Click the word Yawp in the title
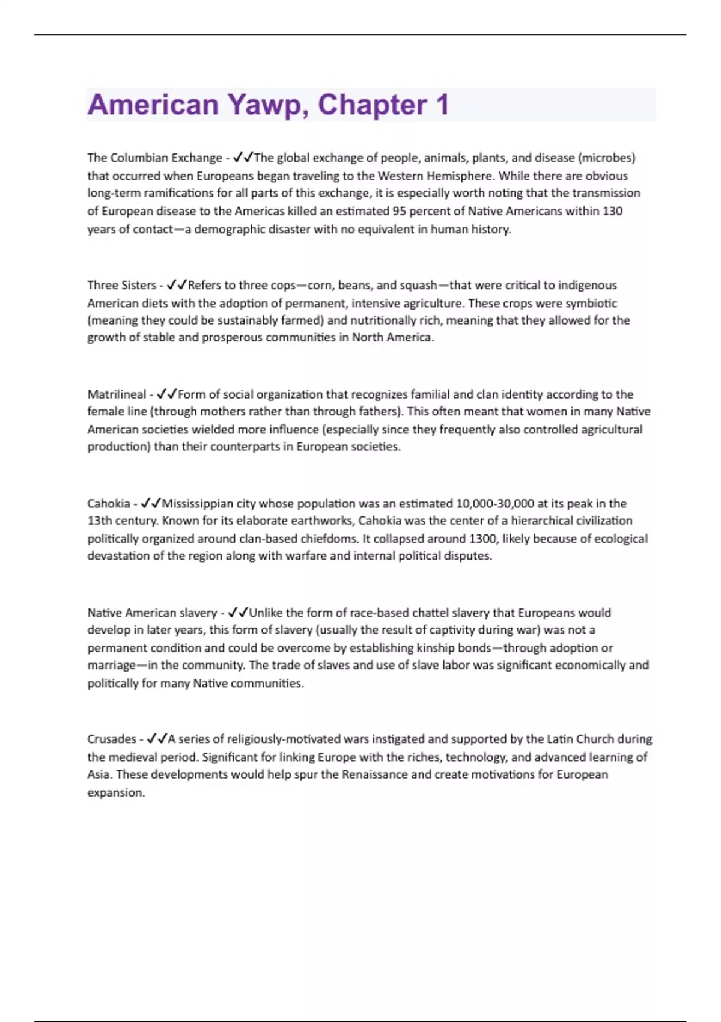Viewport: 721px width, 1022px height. click(x=264, y=105)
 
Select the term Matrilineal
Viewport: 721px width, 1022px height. click(x=117, y=394)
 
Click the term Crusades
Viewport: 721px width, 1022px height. click(x=112, y=739)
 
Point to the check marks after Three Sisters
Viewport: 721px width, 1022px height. click(x=177, y=285)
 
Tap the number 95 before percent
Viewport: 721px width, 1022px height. click(x=399, y=211)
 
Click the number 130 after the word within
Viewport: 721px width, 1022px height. click(x=612, y=211)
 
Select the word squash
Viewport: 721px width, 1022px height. click(x=418, y=285)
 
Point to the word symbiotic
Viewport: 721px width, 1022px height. click(x=592, y=303)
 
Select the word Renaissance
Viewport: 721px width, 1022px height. click(x=375, y=774)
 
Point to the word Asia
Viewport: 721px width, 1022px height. click(x=99, y=774)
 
